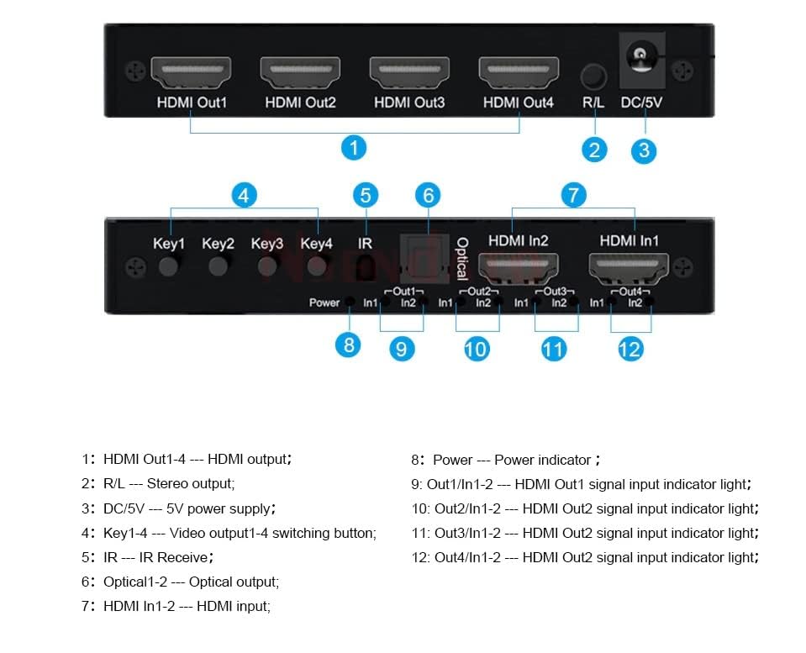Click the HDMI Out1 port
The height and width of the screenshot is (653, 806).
[x=191, y=72]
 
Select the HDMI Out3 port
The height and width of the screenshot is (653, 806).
[x=409, y=72]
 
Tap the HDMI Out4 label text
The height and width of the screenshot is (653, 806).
[x=519, y=103]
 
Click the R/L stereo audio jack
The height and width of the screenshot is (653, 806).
[x=593, y=76]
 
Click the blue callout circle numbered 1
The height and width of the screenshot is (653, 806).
[x=355, y=148]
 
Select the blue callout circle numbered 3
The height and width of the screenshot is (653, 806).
[x=644, y=150]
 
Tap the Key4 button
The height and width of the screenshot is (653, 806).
[x=317, y=267]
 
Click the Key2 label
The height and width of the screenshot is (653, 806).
[x=218, y=245]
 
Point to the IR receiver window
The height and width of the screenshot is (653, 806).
[x=365, y=268]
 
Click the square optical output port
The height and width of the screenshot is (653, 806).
[x=424, y=256]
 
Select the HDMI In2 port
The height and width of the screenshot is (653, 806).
[x=518, y=269]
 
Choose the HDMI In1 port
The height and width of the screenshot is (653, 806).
[x=630, y=269]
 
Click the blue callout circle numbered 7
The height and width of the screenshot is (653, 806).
[x=573, y=195]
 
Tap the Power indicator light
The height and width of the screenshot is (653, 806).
[x=349, y=303]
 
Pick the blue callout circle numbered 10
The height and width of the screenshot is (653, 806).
[x=477, y=348]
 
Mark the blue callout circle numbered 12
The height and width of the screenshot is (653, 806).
[x=630, y=348]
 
